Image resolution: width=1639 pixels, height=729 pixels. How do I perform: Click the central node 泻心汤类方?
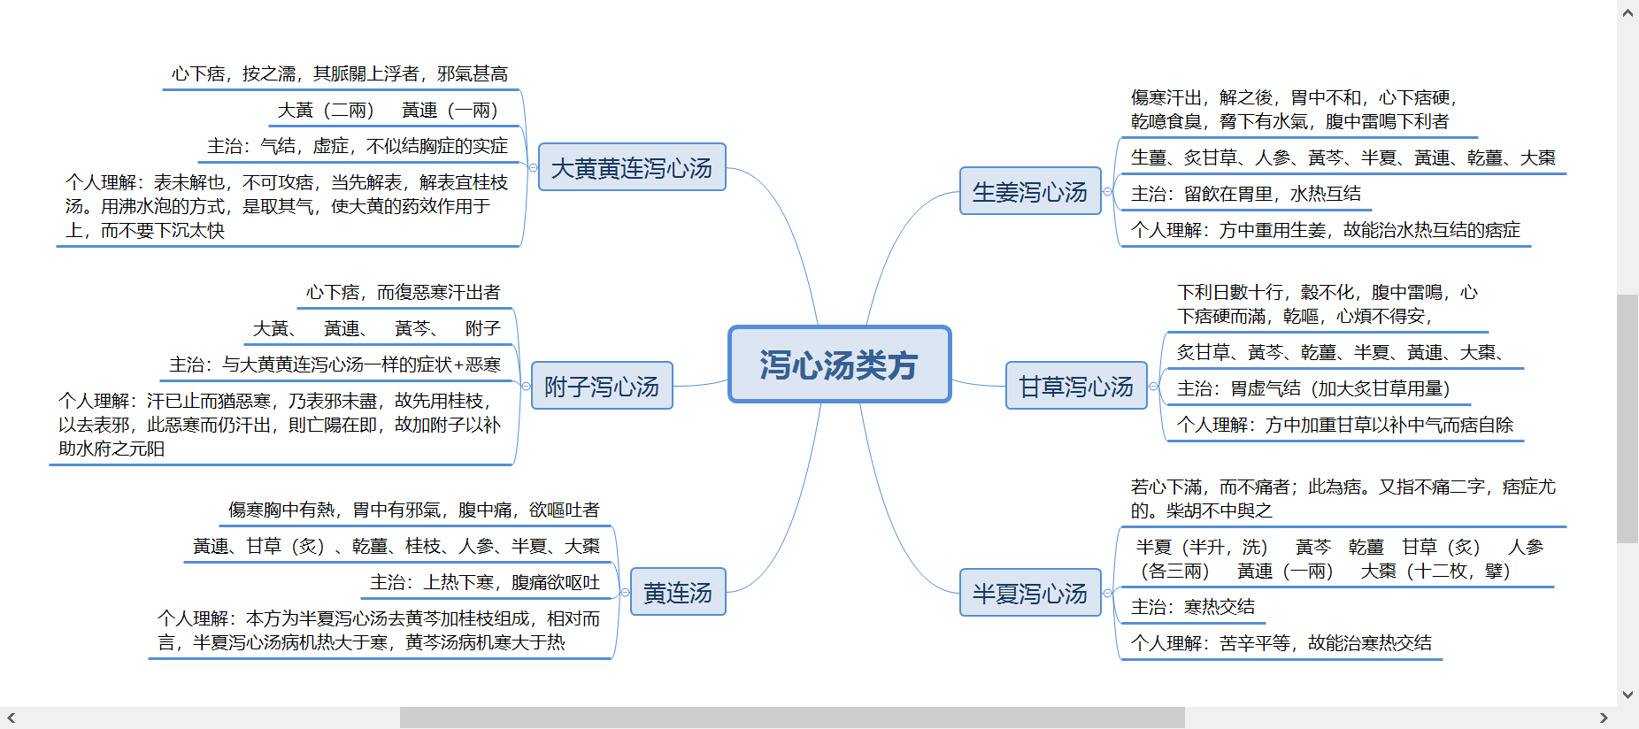[839, 364]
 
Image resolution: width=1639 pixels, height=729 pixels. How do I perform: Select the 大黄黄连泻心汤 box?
[632, 167]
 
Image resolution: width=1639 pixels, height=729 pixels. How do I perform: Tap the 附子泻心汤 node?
[602, 386]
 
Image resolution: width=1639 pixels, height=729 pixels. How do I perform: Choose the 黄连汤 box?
[678, 592]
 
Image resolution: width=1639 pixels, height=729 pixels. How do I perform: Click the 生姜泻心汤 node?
[1030, 191]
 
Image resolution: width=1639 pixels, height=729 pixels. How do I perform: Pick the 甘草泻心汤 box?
[1076, 386]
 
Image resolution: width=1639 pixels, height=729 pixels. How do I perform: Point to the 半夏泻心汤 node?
[1030, 593]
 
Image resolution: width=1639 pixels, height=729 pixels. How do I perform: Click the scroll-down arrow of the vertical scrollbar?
[1627, 695]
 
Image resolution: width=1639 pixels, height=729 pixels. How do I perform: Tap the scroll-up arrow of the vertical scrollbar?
[1627, 12]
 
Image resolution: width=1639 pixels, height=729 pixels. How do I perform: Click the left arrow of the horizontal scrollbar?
[11, 717]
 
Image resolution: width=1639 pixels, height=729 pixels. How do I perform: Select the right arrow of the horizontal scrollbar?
[1604, 717]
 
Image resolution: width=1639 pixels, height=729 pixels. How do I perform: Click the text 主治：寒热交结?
[1193, 607]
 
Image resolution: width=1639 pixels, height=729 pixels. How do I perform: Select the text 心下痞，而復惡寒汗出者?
[404, 292]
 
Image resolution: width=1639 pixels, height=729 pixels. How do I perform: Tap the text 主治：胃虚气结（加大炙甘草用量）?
[1313, 388]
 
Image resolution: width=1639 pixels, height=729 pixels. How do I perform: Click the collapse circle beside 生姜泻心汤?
[1107, 191]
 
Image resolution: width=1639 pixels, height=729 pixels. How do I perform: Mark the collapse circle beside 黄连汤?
[625, 592]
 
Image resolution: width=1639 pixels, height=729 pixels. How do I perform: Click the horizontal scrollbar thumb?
[792, 717]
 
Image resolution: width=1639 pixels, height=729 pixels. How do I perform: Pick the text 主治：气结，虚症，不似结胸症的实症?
[358, 146]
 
